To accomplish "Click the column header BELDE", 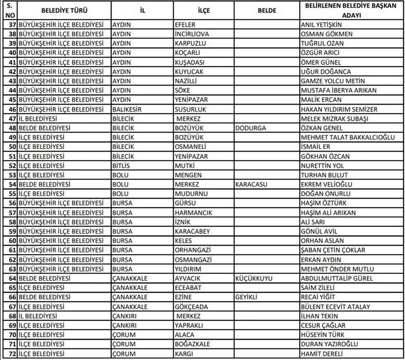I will [261, 10].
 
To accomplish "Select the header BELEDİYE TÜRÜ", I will [57, 10].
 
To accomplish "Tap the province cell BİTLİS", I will [122, 166].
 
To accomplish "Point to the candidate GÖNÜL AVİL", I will [320, 231].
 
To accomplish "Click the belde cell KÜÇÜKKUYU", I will [255, 278].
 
